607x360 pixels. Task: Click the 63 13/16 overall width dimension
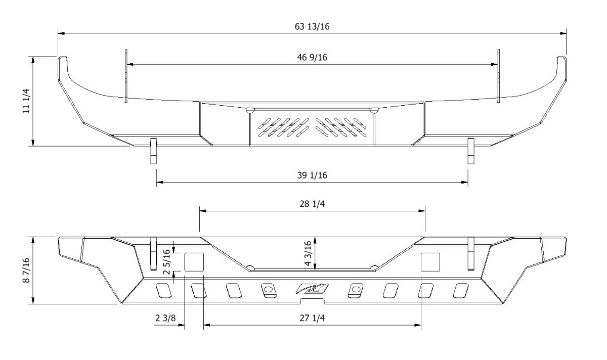click(312, 27)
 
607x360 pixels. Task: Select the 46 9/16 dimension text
click(312, 58)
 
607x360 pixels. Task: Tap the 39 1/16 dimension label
click(312, 175)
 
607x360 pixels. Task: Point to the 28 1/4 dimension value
click(312, 204)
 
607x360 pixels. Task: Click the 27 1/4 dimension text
click(312, 318)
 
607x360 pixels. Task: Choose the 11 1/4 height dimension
click(26, 101)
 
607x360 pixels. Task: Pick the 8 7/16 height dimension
click(26, 271)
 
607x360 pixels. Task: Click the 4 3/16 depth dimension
click(308, 253)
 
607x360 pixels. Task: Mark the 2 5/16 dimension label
click(167, 262)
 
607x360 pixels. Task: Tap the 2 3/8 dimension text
click(165, 318)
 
